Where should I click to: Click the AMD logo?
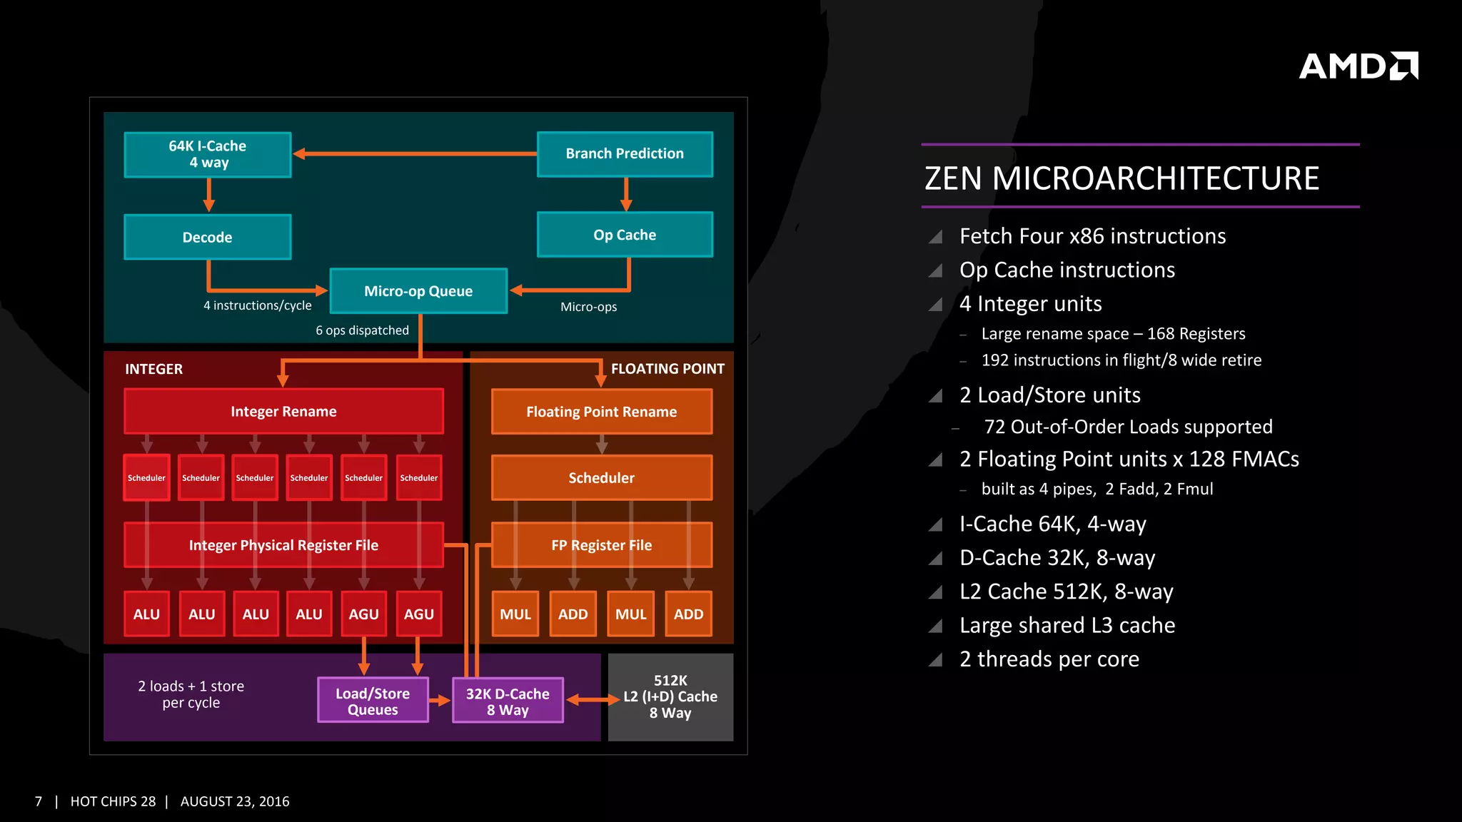click(x=1358, y=66)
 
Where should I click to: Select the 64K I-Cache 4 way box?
click(x=207, y=154)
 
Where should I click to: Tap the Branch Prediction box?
click(x=625, y=153)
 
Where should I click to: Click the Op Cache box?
click(x=625, y=235)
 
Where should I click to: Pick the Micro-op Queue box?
click(x=418, y=291)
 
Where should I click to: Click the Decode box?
click(x=207, y=237)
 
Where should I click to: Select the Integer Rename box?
click(x=283, y=411)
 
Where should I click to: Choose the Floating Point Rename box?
click(x=601, y=411)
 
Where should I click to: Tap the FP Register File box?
click(x=601, y=545)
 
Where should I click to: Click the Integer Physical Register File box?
click(x=283, y=545)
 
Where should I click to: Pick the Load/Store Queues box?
click(x=372, y=701)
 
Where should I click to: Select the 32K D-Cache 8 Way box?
click(x=508, y=701)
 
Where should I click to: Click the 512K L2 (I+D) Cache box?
click(x=670, y=697)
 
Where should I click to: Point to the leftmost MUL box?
click(x=515, y=614)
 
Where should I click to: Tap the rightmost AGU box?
click(x=418, y=614)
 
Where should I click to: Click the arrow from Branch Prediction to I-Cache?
click(x=414, y=153)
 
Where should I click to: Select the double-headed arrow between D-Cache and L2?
click(x=593, y=700)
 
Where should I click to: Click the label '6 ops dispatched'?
click(x=362, y=330)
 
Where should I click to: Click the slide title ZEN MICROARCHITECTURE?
click(x=1121, y=178)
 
